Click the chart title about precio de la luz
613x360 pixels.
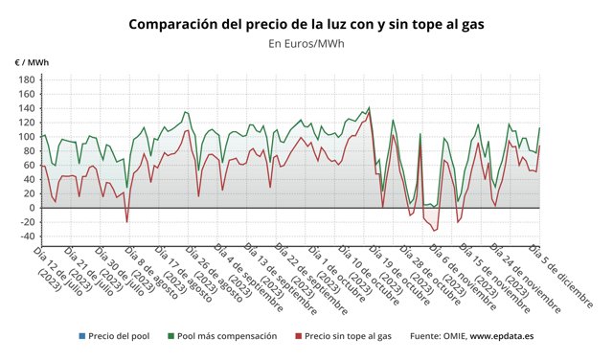click(x=306, y=23)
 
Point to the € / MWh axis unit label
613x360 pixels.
click(x=32, y=62)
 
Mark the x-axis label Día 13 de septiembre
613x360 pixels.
click(x=274, y=277)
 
